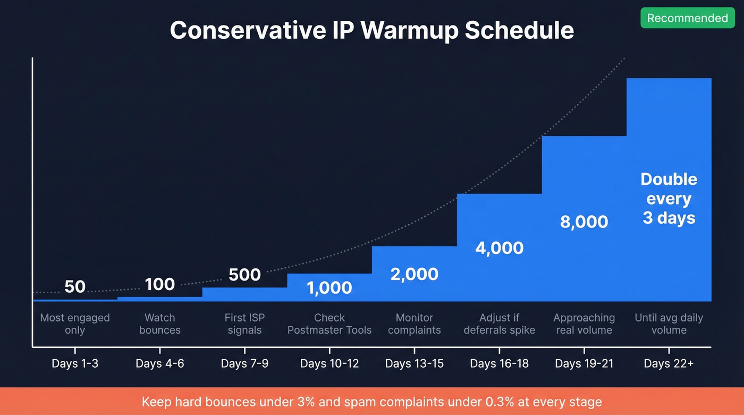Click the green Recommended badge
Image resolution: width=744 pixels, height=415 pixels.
[687, 18]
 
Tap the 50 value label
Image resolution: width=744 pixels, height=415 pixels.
[75, 286]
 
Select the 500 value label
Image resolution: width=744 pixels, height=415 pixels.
[244, 275]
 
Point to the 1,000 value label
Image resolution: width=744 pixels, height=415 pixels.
[329, 287]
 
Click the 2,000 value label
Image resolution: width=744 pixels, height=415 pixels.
[415, 274]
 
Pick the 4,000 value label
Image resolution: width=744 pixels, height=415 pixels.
[500, 248]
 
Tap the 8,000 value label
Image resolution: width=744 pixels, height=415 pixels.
[584, 222]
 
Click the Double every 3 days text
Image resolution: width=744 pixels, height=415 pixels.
[669, 199]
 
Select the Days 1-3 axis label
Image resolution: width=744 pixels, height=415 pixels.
[75, 364]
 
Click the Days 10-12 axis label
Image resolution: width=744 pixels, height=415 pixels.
[329, 364]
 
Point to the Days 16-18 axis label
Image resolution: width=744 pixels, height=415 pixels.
[500, 364]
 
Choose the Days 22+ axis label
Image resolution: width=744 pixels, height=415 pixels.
[669, 364]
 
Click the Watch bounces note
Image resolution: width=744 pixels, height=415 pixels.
[159, 324]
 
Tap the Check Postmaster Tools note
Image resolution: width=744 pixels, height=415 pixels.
[329, 324]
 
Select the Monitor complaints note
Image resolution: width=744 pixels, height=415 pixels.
[415, 324]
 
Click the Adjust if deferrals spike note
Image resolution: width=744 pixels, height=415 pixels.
[500, 324]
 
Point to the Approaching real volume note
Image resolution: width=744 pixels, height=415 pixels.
[584, 324]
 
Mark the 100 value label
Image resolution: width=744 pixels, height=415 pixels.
[159, 284]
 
